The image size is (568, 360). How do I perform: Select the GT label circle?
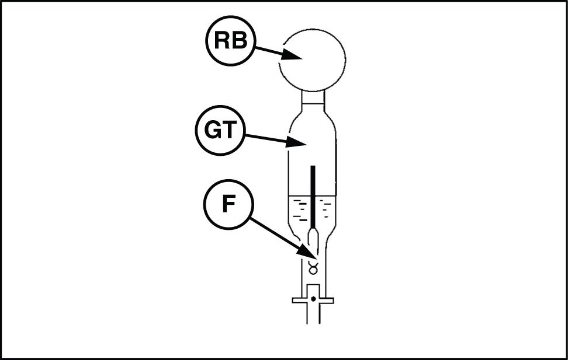tap(219, 131)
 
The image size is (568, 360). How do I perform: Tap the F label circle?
tap(228, 205)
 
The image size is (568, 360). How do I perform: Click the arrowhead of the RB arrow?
tap(295, 57)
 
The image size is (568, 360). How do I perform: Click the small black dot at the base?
tap(314, 299)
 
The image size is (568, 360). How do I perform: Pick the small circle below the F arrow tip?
tap(313, 269)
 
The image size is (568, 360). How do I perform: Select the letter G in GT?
tap(211, 131)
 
